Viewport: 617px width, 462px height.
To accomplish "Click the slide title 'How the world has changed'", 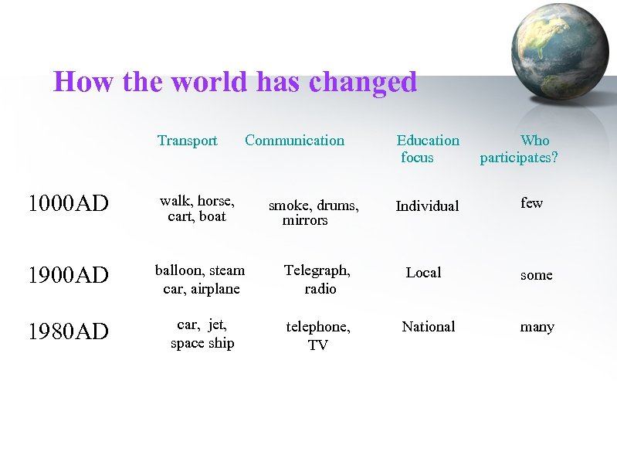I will point(235,82).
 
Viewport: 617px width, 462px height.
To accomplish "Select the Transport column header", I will point(187,141).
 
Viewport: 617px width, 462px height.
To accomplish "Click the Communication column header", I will point(294,141).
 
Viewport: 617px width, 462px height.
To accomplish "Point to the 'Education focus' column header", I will point(427,148).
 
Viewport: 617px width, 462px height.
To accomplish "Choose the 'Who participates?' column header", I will point(519,148).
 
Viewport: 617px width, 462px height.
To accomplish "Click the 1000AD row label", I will point(68,204).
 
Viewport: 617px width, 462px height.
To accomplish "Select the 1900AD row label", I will point(68,275).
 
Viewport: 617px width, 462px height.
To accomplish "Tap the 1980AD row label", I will point(68,331).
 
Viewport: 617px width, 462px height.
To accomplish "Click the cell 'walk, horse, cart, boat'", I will point(197,209).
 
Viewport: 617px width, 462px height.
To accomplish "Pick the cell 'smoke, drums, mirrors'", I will point(312,212).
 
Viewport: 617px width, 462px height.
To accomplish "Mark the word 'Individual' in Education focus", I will point(427,206).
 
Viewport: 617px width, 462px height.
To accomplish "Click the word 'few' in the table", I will point(531,203).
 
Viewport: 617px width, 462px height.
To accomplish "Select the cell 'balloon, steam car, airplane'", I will point(200,280).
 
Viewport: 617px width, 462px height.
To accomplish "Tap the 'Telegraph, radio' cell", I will point(317,280).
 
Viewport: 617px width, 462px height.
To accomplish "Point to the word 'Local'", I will point(423,273).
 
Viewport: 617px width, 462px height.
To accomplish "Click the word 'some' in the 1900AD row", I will point(536,275).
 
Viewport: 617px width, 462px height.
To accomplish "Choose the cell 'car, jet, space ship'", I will point(202,334).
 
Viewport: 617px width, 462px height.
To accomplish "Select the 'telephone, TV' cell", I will point(317,336).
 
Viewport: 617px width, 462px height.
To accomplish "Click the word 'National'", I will point(428,327).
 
